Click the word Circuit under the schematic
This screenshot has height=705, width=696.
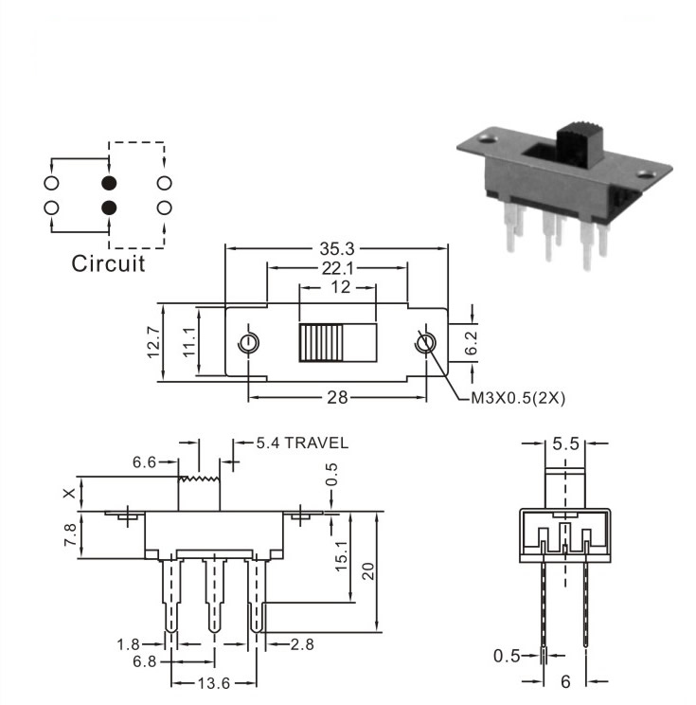coord(108,263)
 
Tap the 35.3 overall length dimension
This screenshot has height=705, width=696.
coord(336,248)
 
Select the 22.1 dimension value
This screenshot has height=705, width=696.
coord(337,268)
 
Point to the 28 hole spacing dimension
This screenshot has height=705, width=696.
coord(337,397)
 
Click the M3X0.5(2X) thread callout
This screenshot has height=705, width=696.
coord(518,398)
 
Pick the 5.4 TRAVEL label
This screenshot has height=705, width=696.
coord(302,443)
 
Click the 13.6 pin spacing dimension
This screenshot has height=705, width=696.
coord(214,684)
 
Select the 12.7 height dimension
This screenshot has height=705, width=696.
coord(153,343)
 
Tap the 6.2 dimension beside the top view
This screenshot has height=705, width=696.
coord(471,343)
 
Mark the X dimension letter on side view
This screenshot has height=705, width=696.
coord(69,494)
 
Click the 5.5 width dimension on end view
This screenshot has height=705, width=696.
coord(565,443)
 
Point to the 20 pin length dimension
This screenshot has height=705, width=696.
coord(367,571)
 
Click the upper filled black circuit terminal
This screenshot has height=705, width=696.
coord(109,183)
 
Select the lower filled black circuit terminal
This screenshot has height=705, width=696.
coord(109,208)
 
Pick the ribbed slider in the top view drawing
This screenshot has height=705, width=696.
coord(321,343)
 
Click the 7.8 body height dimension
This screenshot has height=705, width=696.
coord(70,535)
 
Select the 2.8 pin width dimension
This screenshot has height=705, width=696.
coord(302,644)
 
